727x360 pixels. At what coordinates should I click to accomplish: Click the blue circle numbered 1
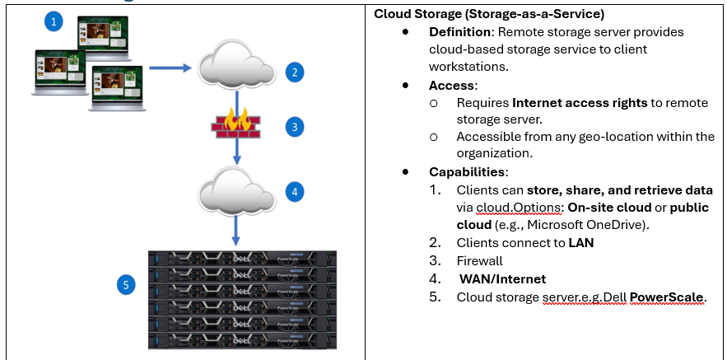[x=54, y=22]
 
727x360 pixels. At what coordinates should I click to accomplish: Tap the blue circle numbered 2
[x=293, y=72]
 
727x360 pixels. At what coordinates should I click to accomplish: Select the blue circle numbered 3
[x=293, y=128]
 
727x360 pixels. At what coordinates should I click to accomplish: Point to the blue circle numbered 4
[x=293, y=192]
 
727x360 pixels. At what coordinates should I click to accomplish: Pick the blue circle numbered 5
[x=125, y=286]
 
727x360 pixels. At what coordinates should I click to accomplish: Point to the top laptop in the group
[x=104, y=35]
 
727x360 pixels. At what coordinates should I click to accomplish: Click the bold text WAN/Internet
[x=502, y=279]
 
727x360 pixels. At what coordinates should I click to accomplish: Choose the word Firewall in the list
[x=481, y=261]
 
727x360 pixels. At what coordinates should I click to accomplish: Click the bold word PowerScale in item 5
[x=667, y=297]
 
